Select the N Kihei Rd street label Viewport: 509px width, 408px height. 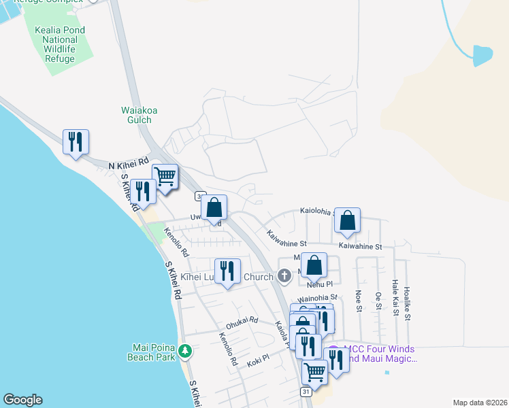click(128, 164)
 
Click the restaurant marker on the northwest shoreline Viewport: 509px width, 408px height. click(76, 142)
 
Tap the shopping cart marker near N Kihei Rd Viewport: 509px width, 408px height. click(165, 177)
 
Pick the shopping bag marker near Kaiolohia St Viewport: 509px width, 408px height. click(347, 220)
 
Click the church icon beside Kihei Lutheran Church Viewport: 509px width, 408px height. click(285, 276)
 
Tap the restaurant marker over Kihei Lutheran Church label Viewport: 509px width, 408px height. click(228, 271)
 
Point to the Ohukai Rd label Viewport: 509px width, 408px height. click(242, 320)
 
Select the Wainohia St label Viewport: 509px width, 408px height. click(318, 297)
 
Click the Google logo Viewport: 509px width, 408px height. click(22, 400)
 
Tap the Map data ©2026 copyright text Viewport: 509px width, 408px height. click(479, 403)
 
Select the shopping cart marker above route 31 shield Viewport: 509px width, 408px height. click(314, 371)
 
